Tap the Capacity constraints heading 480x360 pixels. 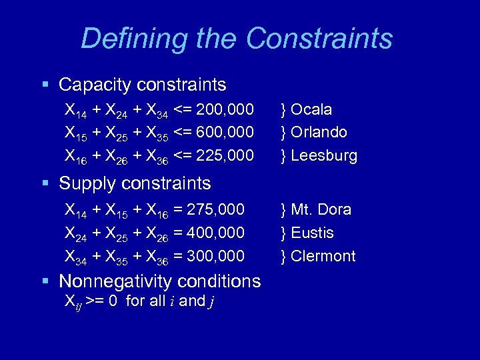click(x=143, y=85)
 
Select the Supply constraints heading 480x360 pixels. click(x=135, y=183)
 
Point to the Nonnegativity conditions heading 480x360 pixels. click(x=160, y=281)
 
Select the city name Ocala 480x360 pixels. click(x=311, y=109)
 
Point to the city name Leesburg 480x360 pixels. click(x=324, y=156)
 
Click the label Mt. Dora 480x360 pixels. click(x=321, y=209)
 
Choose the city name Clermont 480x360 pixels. click(x=323, y=256)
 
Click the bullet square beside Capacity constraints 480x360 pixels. click(x=45, y=85)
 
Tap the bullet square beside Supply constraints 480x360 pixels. click(x=45, y=183)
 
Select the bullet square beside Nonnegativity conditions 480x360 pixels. click(x=45, y=281)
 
